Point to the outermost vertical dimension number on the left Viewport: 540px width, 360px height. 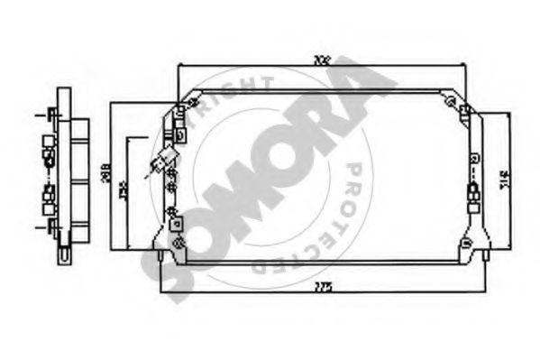pos(105,174)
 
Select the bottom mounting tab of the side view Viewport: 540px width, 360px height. pos(65,254)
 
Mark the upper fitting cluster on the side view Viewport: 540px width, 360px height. pos(47,149)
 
